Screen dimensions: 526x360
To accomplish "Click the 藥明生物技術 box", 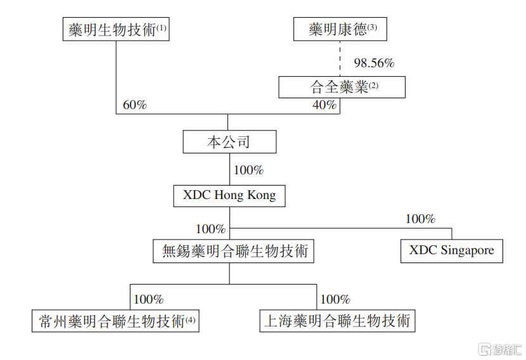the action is click(x=116, y=29).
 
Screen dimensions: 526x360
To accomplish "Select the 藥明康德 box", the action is click(x=340, y=29).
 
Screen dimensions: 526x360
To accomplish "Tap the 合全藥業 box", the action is click(x=342, y=87).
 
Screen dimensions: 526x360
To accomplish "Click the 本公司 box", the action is click(x=229, y=142).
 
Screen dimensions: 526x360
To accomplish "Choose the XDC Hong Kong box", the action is click(x=229, y=196).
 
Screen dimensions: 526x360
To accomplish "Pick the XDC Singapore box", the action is click(x=451, y=251).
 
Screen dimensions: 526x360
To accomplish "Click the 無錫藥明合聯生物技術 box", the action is click(x=233, y=251).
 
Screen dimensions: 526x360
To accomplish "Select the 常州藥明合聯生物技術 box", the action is click(x=115, y=321).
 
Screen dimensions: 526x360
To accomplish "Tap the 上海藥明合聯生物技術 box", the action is click(x=338, y=321).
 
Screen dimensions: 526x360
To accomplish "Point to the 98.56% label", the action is click(x=374, y=63).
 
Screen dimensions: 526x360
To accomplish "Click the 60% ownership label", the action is click(x=135, y=105).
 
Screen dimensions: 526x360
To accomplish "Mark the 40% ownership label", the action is click(x=324, y=105).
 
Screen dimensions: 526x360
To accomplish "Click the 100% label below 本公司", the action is click(x=248, y=170).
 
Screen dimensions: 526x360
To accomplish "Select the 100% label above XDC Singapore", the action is click(x=420, y=219).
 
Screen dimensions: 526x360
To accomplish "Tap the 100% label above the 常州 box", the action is click(x=148, y=299).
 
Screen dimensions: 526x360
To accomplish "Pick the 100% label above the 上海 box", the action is click(x=335, y=299).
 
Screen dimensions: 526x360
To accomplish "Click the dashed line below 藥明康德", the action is click(x=340, y=59).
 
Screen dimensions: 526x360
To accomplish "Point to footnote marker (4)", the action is click(x=190, y=319).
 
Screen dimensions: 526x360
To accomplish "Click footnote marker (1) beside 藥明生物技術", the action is click(x=161, y=28).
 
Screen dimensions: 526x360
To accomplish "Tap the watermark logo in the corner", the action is click(x=500, y=349).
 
